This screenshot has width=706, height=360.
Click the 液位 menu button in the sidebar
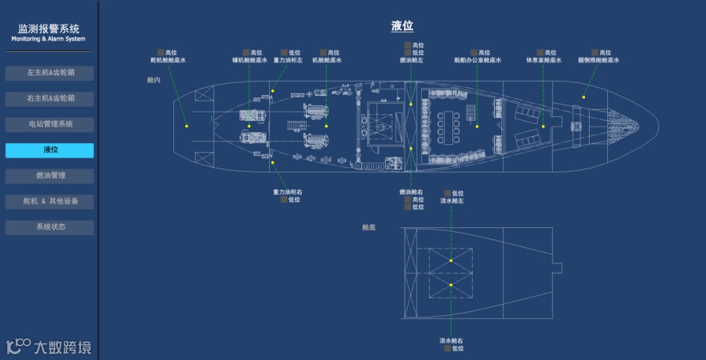(50, 150)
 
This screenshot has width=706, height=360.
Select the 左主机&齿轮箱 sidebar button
(50, 73)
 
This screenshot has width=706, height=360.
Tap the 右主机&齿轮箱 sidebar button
(50, 99)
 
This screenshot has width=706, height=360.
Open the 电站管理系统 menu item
(50, 124)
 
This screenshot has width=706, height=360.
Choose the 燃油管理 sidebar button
(50, 176)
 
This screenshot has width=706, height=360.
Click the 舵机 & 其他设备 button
(50, 201)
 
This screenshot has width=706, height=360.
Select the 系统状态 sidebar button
(50, 227)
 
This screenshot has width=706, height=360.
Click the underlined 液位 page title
(402, 26)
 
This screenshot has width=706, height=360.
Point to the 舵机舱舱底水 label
(168, 60)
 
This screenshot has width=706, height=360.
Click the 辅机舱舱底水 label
(249, 60)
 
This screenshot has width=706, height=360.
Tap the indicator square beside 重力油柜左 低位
(284, 52)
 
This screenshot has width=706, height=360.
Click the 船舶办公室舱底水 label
(477, 60)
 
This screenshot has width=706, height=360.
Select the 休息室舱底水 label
(544, 60)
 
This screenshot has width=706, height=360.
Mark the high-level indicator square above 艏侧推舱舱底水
(595, 52)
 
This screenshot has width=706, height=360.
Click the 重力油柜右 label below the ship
(288, 192)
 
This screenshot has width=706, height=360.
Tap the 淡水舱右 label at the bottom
(451, 340)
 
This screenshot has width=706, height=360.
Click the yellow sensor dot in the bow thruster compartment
(584, 97)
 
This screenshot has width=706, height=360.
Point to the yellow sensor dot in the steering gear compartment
(186, 126)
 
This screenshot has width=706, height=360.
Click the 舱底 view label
(369, 227)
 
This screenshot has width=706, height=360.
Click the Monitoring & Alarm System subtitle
(48, 39)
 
